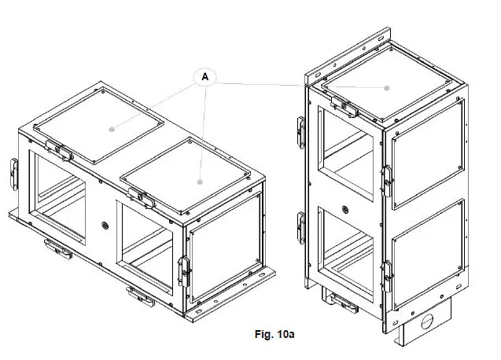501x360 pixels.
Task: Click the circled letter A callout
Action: (x=205, y=76)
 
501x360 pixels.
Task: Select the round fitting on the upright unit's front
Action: (x=344, y=209)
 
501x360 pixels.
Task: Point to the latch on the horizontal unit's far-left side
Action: (x=13, y=174)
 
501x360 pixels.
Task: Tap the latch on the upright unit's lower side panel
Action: (x=388, y=272)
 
